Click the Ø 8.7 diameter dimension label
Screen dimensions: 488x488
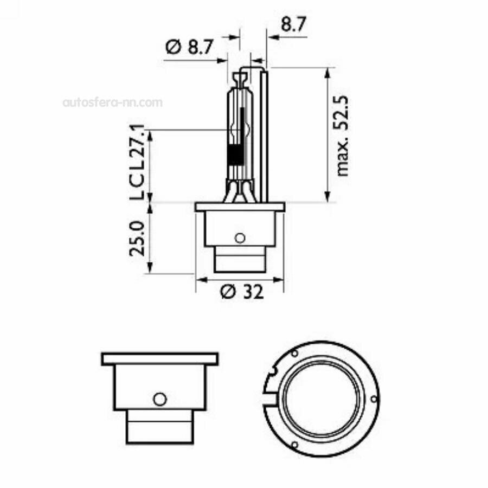[188, 48]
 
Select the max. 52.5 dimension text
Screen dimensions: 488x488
[342, 136]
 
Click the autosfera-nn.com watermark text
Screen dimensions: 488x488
[112, 102]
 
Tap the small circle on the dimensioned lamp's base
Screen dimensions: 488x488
[240, 237]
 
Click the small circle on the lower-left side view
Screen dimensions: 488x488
[159, 400]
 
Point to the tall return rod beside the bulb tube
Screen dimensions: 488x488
[264, 136]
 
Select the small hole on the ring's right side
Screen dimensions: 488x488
[373, 399]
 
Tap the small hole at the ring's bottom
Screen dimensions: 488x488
[294, 445]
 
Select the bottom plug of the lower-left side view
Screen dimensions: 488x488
[159, 426]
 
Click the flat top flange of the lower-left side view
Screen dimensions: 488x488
[159, 358]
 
